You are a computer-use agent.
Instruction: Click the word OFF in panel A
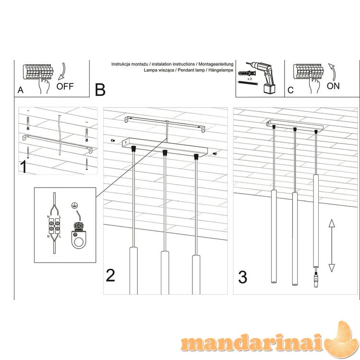point(65,86)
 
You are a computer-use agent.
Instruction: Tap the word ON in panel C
point(333,86)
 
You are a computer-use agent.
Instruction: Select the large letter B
point(100,90)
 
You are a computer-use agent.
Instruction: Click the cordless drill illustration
point(264,77)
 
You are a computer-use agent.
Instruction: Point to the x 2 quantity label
point(250,79)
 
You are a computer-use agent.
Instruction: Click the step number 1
point(24,167)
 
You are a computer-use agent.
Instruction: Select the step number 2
point(110,276)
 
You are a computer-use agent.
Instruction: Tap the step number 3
point(243,277)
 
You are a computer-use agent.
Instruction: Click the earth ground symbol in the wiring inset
point(74,205)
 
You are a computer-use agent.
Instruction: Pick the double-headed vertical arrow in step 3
point(332,245)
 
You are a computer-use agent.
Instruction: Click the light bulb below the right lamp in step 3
point(316,279)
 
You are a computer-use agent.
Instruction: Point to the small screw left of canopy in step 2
point(113,141)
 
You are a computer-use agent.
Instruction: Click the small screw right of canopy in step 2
point(215,154)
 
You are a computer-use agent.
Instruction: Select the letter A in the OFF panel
point(21,90)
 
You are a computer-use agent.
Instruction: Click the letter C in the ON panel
point(290,90)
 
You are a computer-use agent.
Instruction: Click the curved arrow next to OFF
point(62,71)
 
